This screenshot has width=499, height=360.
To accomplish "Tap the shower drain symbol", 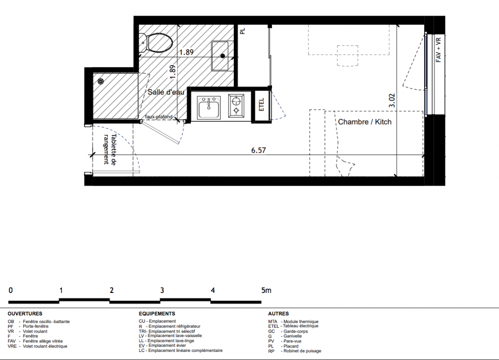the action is click(101, 81).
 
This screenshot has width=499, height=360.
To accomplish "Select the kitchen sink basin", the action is click(209, 108).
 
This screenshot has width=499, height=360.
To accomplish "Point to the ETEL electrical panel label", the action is click(262, 105).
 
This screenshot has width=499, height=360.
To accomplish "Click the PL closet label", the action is click(242, 31).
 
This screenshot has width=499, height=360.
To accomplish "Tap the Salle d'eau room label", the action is click(166, 92).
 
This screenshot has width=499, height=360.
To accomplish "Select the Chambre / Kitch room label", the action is click(365, 122).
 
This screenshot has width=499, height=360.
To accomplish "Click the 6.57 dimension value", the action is click(259, 150).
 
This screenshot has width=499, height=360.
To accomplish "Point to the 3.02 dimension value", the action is click(392, 100).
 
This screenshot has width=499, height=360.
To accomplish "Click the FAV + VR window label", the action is click(439, 50).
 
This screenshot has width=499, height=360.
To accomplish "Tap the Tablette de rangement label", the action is click(110, 149).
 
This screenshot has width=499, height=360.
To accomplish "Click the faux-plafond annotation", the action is click(159, 117).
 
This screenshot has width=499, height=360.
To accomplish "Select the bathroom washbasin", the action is click(220, 56).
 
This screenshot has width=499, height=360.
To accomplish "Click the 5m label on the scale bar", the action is click(266, 290).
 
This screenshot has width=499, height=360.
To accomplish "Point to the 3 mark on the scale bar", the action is click(162, 290).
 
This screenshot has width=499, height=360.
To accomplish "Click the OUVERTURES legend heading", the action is click(25, 314).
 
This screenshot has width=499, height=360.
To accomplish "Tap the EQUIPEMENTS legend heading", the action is click(157, 314).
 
